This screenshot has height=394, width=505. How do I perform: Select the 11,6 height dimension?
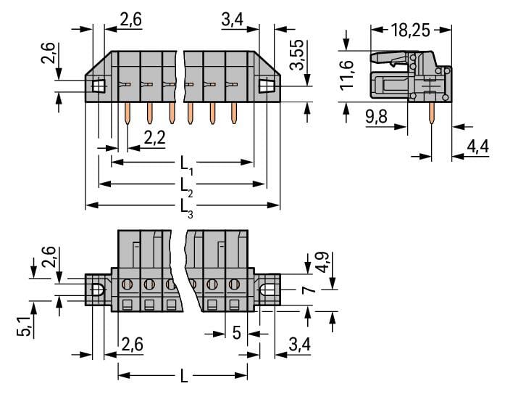click(x=349, y=74)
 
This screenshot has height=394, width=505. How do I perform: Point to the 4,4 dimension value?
click(x=478, y=147)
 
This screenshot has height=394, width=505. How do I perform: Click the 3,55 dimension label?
click(x=297, y=56)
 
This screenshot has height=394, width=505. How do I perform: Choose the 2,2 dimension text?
click(x=153, y=137)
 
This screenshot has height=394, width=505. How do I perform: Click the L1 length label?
click(x=186, y=169)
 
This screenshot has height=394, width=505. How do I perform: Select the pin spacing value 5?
click(x=236, y=335)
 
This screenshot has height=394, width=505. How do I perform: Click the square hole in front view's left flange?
click(x=99, y=86)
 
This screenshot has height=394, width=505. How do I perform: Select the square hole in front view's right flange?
click(x=268, y=86)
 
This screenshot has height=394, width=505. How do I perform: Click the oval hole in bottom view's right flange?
click(x=268, y=292)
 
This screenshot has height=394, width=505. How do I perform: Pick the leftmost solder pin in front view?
click(x=128, y=112)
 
